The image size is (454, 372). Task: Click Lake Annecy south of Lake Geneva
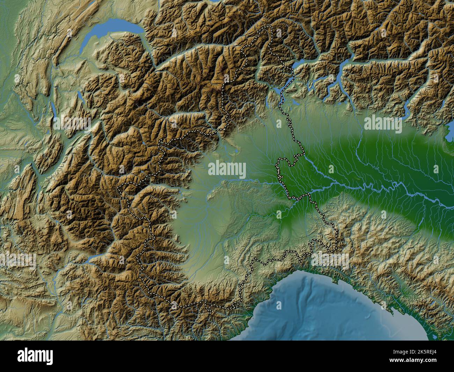coord(80,96)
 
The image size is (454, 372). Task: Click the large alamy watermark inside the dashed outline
coord(227,169)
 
